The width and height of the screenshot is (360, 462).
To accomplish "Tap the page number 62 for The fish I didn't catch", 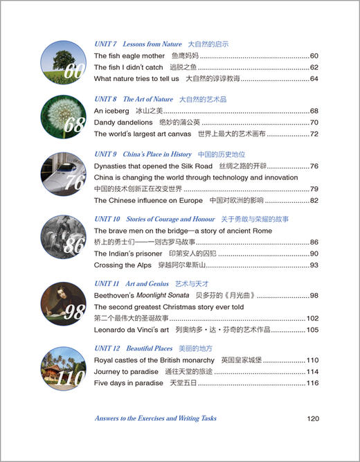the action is pyautogui.click(x=314, y=67).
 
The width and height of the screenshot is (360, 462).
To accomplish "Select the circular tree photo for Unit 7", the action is pyautogui.click(x=62, y=61).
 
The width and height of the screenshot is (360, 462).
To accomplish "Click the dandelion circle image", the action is pyautogui.click(x=62, y=116).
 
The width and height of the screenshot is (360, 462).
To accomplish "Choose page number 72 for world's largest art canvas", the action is pyautogui.click(x=314, y=134).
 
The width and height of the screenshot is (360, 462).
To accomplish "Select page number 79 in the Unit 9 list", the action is pyautogui.click(x=314, y=189).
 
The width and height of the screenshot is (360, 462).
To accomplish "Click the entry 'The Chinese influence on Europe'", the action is pyautogui.click(x=147, y=201).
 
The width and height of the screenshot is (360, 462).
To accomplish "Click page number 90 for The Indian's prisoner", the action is pyautogui.click(x=314, y=254).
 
